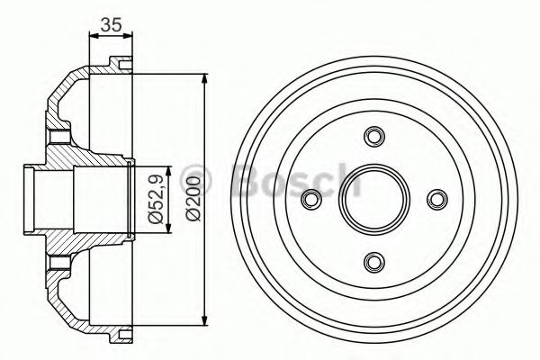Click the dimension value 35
(x=111, y=25)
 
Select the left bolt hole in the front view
(x=311, y=199)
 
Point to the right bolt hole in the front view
(x=437, y=199)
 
